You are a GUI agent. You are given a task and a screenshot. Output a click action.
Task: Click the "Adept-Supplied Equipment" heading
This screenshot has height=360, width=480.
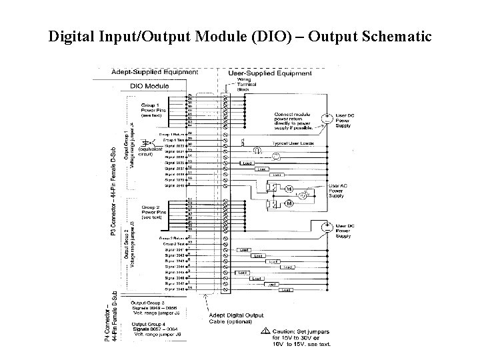point(154,71)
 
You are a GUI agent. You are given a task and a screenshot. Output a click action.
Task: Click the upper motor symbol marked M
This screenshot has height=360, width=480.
point(289,189)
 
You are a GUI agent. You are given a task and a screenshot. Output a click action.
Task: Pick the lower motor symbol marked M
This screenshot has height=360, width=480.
point(289,203)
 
